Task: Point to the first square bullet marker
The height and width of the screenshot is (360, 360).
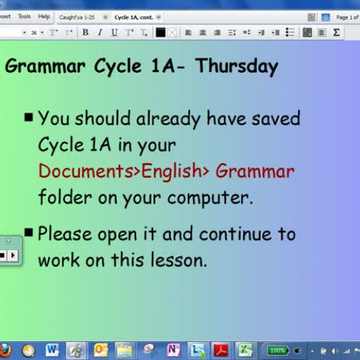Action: click(x=29, y=117)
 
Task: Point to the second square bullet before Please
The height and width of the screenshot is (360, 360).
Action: click(x=29, y=232)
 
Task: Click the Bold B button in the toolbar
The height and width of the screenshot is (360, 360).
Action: click(x=86, y=32)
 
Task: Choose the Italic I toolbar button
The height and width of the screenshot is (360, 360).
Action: click(x=99, y=32)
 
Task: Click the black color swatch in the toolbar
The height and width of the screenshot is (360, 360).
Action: click(x=161, y=32)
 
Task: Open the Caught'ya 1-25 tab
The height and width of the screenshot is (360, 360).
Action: click(x=78, y=17)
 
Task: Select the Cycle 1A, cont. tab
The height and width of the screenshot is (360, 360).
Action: click(x=135, y=17)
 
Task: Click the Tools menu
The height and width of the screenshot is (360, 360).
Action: click(x=24, y=16)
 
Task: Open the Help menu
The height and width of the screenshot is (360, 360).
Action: click(x=44, y=16)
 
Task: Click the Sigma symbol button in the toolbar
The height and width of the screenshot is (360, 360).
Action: click(x=336, y=32)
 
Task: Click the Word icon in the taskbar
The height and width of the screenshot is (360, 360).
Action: click(x=52, y=350)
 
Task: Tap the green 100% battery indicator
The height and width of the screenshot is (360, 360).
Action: click(x=278, y=351)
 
